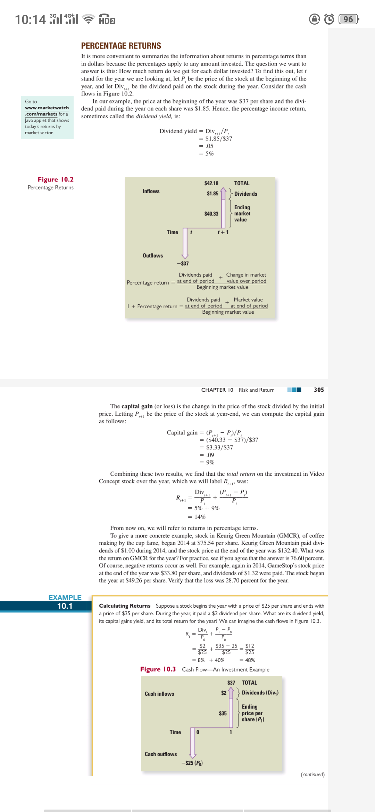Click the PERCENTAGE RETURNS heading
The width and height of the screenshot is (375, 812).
pos(121,46)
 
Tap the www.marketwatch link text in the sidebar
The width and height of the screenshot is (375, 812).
pos(47,108)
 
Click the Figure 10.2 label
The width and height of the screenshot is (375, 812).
pos(56,179)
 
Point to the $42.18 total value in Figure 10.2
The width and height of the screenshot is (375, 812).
pos(211,183)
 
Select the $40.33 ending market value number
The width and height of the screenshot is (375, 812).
pos(211,214)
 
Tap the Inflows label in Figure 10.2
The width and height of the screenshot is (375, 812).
pos(151,191)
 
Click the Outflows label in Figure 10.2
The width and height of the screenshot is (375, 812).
pos(153,256)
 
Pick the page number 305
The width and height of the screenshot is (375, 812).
pos(319,390)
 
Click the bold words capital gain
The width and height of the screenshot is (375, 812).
pos(137,406)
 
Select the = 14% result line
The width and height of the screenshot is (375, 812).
pos(197,517)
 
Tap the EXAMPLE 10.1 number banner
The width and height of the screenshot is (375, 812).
pos(65,606)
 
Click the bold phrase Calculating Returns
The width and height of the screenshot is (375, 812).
pos(125,606)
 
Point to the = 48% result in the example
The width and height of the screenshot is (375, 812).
pos(247,660)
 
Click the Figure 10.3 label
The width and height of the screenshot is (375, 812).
pos(158,669)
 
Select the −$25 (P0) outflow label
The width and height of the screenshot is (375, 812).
pos(192,763)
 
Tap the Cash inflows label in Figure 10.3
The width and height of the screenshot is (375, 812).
pos(159,694)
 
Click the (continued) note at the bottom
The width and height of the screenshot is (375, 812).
pos(312,775)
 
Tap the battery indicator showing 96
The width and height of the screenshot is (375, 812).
pos(348,19)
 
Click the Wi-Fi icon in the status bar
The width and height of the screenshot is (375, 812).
pos(89,19)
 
